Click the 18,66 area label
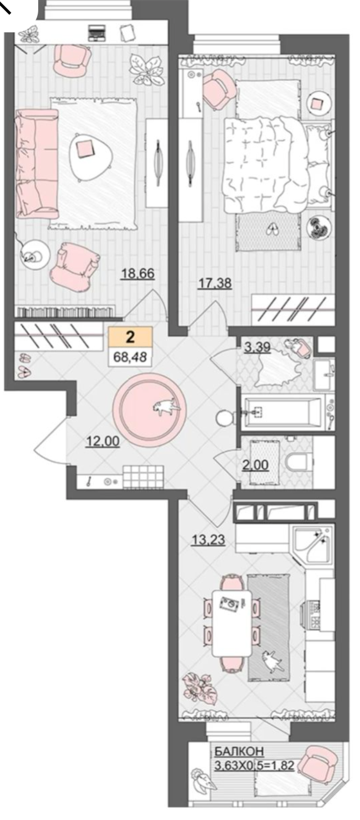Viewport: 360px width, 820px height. (x=138, y=274)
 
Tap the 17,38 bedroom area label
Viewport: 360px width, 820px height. (x=215, y=283)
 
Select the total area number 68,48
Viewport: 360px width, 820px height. (x=130, y=357)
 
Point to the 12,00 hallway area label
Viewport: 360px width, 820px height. (x=103, y=441)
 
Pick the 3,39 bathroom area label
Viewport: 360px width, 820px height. (x=257, y=347)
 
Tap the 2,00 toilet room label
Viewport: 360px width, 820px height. (x=256, y=465)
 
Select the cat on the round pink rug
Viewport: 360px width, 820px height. (x=167, y=406)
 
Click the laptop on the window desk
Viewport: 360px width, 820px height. (x=97, y=32)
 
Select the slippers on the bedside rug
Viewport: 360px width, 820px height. (x=272, y=229)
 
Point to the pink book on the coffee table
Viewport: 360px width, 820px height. (x=85, y=149)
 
